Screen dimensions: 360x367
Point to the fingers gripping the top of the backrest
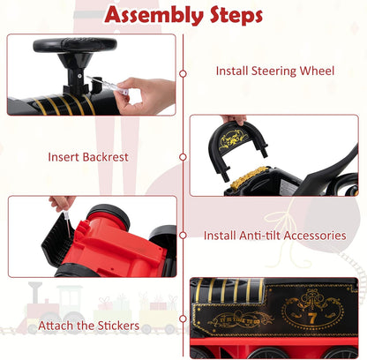point(234,120)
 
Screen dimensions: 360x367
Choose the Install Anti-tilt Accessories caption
point(273,236)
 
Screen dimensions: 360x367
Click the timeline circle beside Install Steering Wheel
point(183,73)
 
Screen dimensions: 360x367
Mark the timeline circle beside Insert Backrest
point(183,157)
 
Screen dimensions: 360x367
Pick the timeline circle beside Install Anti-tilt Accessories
point(183,236)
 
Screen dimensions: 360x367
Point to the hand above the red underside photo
point(62,204)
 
